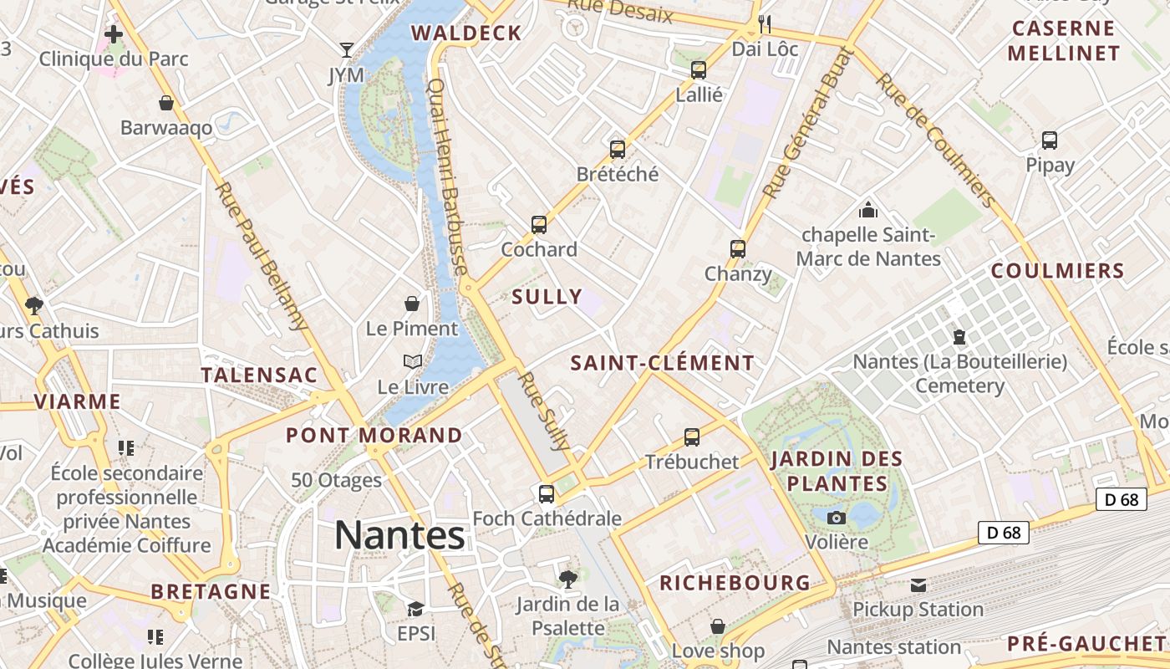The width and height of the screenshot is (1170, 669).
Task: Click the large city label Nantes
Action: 399,535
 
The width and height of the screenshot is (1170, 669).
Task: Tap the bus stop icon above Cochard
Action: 539,224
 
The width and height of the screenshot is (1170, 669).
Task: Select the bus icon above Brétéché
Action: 618,150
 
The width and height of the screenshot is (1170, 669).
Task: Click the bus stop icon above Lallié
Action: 699,70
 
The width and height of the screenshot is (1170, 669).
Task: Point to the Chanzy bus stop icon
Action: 738,248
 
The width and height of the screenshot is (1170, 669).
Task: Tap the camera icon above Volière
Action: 836,518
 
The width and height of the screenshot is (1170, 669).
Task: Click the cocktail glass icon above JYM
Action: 346,50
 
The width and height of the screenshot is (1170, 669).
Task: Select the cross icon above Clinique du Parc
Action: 114,34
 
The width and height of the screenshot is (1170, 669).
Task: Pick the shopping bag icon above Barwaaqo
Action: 166,103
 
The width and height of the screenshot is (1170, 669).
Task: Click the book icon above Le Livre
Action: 413,361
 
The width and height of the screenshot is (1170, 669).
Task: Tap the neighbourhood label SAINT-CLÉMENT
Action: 663,363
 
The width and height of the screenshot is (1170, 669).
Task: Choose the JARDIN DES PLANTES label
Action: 837,471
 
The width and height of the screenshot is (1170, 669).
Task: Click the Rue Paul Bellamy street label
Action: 261,256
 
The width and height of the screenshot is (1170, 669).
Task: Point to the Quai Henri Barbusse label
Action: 447,176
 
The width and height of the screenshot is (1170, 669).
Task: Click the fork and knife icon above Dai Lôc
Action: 765,23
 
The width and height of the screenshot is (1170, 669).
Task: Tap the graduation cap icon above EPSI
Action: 416,609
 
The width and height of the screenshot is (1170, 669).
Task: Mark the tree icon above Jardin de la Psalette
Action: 568,578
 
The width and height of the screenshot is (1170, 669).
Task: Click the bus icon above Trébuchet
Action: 692,437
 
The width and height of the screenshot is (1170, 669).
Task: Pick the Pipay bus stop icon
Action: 1050,140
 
